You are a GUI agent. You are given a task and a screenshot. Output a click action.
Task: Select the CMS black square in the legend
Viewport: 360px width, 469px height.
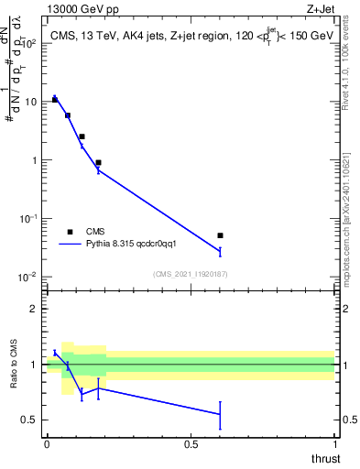point(70,232)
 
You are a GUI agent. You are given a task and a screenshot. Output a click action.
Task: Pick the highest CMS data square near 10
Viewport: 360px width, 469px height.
point(55,99)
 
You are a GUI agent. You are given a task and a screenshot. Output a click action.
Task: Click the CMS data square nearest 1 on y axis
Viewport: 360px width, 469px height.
point(98,162)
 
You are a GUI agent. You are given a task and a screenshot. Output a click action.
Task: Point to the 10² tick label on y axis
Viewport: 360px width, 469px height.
point(28,43)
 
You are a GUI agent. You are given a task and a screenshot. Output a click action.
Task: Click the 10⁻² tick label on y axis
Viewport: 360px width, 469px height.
point(28,277)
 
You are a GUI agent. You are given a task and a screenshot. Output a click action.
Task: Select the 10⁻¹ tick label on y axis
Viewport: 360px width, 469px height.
point(28,218)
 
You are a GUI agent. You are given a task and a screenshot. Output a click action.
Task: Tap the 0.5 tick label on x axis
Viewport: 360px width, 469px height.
point(191,443)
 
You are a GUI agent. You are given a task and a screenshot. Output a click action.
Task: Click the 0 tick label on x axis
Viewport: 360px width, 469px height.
point(47,443)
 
